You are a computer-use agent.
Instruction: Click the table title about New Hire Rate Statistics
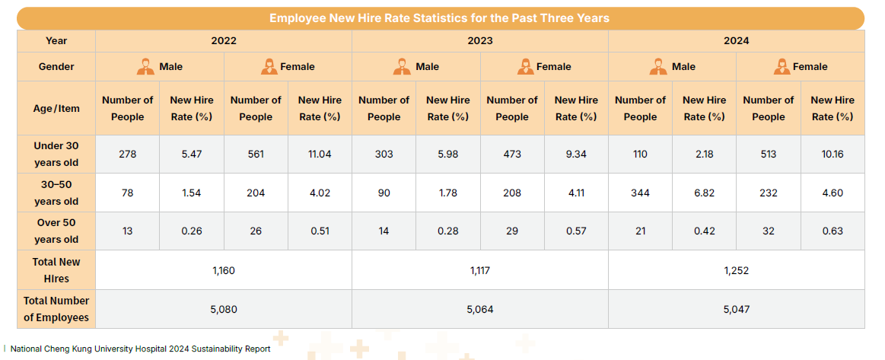[439, 18]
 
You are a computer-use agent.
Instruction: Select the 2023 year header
[479, 41]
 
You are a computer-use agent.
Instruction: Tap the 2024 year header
[736, 41]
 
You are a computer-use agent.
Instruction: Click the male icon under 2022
[145, 67]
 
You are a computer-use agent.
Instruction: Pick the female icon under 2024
[781, 67]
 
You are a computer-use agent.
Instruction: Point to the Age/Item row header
[56, 108]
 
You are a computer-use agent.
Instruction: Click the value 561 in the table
[256, 154]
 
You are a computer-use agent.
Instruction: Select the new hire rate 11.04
[320, 154]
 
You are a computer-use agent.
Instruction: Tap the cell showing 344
[640, 193]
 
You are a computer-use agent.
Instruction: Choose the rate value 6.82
[704, 193]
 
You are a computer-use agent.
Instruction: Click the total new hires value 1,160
[224, 270]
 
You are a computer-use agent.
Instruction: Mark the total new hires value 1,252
[736, 270]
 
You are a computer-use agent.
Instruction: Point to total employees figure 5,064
[479, 309]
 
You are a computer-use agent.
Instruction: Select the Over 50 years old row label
[56, 231]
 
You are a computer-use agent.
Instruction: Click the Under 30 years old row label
[56, 154]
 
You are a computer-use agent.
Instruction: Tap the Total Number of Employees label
[56, 309]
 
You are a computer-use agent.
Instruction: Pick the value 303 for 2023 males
[384, 154]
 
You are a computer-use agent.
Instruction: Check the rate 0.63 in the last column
[832, 231]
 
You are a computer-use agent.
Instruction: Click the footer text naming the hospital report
[140, 349]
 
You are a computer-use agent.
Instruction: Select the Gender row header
[56, 67]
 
